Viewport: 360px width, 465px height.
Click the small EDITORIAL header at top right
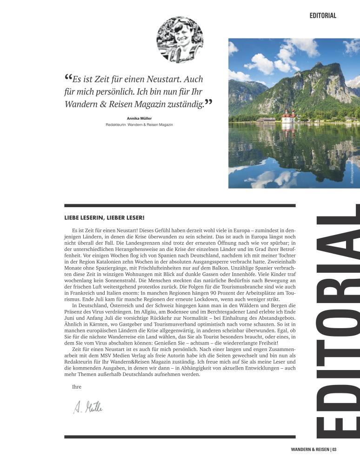tap(323, 15)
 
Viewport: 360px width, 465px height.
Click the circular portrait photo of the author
tap(180, 40)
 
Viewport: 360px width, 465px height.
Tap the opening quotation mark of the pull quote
tap(68, 77)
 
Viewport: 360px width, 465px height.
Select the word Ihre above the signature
tap(77, 387)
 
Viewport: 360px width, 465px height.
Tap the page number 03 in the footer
tap(334, 450)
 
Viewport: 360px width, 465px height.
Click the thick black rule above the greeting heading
tap(180, 205)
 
